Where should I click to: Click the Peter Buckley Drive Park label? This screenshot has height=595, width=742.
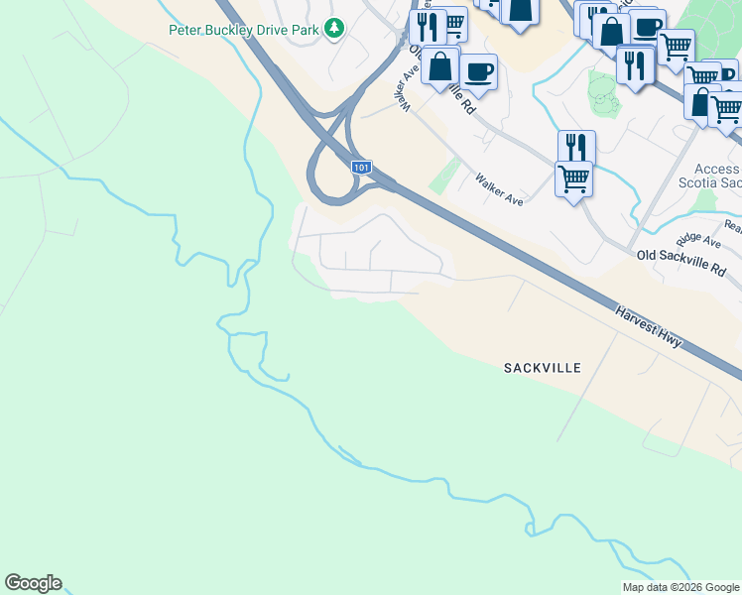tap(243, 30)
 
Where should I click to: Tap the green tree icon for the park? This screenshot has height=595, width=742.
tap(335, 29)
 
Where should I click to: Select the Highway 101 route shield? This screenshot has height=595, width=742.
tap(362, 169)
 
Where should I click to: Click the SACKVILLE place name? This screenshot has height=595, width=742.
tap(542, 368)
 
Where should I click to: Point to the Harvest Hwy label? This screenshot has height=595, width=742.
tap(648, 326)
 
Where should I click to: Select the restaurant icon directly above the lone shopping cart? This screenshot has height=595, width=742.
tap(575, 147)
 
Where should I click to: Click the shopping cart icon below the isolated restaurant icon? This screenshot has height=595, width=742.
tap(573, 179)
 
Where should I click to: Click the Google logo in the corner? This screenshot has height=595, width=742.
tap(33, 583)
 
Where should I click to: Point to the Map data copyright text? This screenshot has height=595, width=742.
tap(680, 587)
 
